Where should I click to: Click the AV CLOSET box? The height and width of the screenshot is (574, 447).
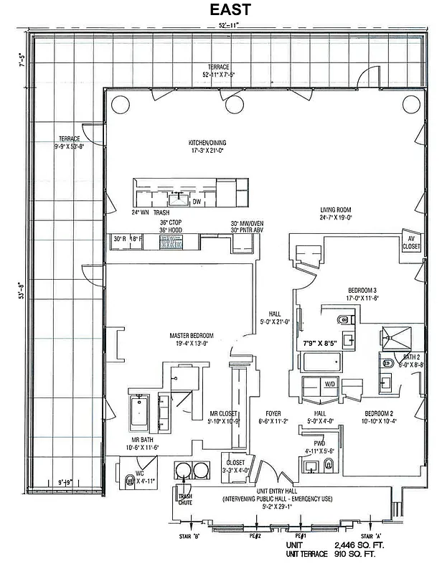tap(412, 243)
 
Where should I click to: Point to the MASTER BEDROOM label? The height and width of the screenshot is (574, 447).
tap(192, 335)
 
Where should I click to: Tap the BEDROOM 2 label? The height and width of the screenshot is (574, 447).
tap(381, 414)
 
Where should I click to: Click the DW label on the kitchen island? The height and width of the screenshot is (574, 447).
tap(197, 202)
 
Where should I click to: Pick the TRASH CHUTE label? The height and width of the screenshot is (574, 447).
tap(184, 499)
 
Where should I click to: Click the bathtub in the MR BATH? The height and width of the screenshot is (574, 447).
tap(139, 413)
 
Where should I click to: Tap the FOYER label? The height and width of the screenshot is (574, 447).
tap(273, 414)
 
